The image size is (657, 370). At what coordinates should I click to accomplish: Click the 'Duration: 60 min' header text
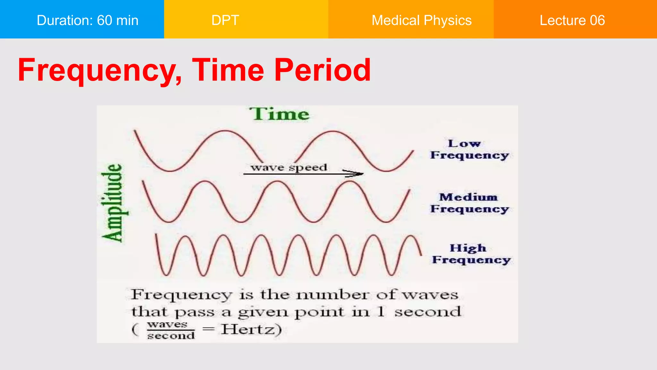pos(87,20)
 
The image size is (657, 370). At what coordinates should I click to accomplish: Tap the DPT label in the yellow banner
pos(225,20)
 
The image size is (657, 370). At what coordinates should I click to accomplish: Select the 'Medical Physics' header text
pos(421,20)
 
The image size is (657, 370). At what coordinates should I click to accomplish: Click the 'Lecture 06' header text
pos(572,20)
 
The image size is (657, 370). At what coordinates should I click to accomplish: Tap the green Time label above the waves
pos(279,114)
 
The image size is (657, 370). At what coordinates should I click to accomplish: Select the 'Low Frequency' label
pos(469,149)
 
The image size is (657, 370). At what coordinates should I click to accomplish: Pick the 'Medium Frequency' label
pos(469,203)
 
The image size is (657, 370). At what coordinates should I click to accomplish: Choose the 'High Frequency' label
pos(471,254)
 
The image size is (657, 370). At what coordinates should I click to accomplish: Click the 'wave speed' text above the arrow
pos(289,167)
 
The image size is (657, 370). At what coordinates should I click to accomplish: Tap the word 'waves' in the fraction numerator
pos(167,324)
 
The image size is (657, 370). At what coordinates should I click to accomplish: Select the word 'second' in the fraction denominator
pos(171,336)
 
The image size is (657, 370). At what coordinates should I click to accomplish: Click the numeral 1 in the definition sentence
pos(381,312)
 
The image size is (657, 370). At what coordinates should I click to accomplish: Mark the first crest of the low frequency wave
pos(225,131)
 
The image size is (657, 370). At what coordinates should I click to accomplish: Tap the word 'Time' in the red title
pos(228,70)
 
